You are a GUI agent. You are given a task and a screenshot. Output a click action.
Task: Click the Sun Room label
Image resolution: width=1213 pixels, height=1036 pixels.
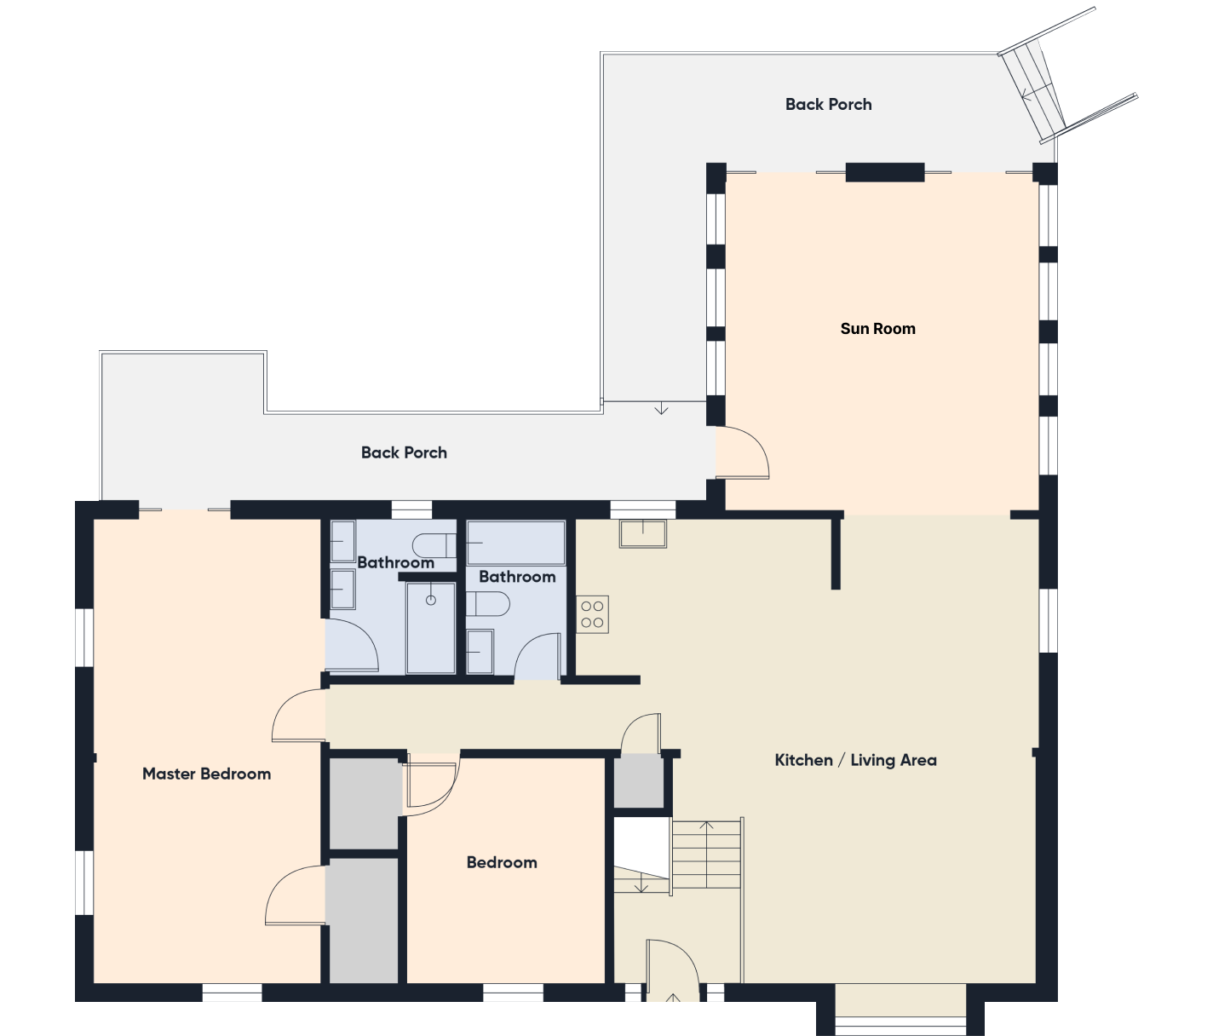click(x=877, y=329)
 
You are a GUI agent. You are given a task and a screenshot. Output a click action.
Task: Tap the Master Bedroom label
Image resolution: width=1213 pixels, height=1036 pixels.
click(x=207, y=774)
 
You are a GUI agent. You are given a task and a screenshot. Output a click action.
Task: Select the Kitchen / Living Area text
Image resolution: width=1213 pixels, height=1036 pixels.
click(x=855, y=760)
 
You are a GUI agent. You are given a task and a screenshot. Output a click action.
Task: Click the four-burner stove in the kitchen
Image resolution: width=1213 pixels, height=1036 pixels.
click(x=592, y=614)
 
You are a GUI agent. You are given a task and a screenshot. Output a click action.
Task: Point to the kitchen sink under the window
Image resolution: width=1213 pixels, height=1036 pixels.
click(x=642, y=533)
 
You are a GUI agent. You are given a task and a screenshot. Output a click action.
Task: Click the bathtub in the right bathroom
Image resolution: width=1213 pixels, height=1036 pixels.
click(x=516, y=543)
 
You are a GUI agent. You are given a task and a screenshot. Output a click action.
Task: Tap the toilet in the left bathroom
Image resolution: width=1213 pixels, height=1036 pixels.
click(x=434, y=545)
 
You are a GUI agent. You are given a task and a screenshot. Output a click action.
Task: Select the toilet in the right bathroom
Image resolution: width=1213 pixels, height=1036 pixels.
click(x=488, y=604)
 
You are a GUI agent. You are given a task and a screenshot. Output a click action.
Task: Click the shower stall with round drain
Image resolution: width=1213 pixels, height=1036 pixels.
click(x=431, y=627)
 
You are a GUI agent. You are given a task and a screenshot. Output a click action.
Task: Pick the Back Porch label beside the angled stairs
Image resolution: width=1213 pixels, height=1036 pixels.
click(x=829, y=105)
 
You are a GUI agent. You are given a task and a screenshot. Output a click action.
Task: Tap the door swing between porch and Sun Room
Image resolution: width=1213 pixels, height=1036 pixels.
click(x=742, y=452)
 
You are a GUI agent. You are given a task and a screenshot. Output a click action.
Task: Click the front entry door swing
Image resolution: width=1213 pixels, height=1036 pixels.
click(x=673, y=970)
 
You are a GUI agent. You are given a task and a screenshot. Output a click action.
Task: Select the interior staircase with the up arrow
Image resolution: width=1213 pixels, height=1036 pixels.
click(x=706, y=854)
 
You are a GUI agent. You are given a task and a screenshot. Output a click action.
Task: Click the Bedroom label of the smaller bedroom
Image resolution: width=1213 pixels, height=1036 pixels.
click(x=502, y=862)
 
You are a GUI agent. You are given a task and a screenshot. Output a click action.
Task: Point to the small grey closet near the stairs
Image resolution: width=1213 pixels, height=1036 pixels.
click(x=639, y=780)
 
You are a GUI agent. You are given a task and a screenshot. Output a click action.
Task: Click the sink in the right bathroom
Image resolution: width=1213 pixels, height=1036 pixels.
click(x=480, y=652)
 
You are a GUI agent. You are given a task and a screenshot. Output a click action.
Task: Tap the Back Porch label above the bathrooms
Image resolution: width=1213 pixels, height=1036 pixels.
click(x=404, y=452)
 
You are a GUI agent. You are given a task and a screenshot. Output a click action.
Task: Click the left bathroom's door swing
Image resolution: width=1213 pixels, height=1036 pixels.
click(x=352, y=644)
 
